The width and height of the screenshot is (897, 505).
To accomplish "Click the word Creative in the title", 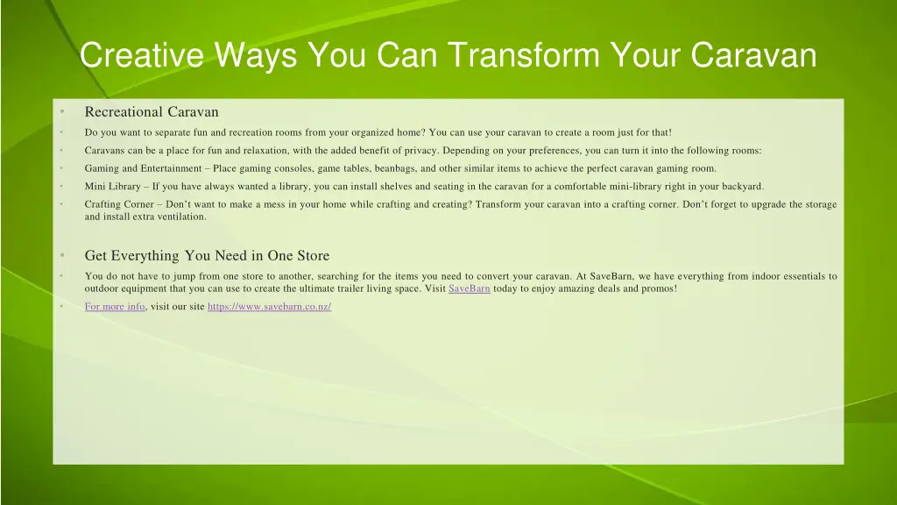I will point(141,55).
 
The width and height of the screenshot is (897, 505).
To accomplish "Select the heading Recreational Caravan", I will point(152,111).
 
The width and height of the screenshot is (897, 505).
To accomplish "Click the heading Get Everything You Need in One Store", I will point(207,256).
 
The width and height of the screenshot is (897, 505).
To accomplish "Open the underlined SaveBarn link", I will point(469,288).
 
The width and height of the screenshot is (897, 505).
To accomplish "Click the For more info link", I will point(115,307).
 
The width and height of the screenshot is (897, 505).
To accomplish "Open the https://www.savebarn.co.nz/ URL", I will point(270,307).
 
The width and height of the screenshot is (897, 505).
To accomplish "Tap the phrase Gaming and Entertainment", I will point(143,168).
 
